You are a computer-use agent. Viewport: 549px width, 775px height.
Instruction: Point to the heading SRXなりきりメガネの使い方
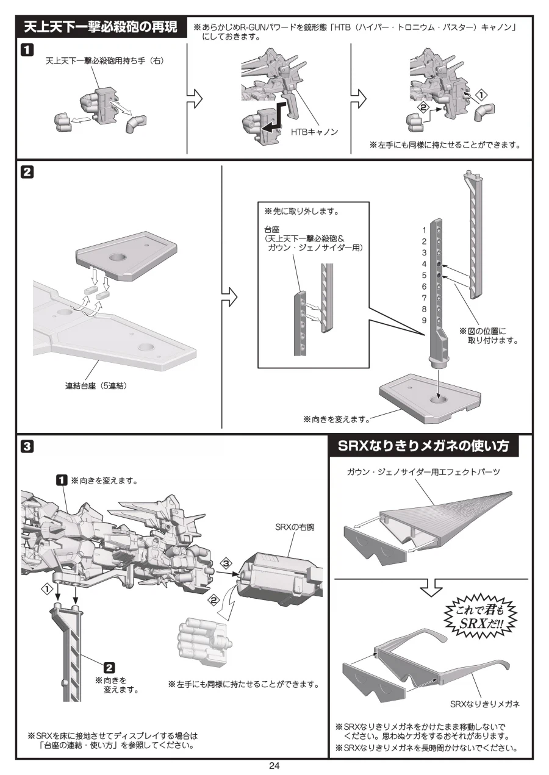pyautogui.click(x=423, y=446)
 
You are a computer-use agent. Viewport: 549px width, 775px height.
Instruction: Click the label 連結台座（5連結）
pyautogui.click(x=100, y=385)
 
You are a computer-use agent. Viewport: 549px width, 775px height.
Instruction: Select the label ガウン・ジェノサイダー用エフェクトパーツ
pyautogui.click(x=423, y=473)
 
